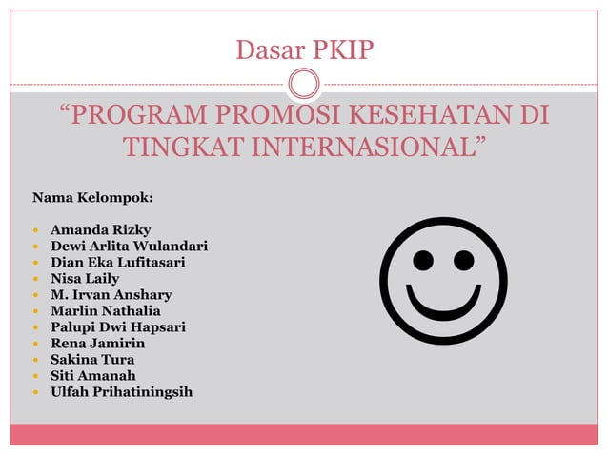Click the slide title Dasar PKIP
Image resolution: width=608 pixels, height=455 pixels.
(304, 47)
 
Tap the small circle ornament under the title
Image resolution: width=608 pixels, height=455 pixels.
(304, 84)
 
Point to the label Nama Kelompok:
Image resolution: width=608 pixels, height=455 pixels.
(93, 199)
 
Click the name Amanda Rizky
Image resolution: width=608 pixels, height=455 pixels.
(93, 230)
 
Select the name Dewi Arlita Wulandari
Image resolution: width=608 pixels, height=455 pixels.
(129, 247)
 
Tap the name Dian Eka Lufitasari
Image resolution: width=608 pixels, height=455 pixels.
(118, 263)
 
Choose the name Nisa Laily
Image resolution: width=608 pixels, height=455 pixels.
(85, 279)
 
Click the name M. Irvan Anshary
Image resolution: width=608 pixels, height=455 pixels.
(111, 295)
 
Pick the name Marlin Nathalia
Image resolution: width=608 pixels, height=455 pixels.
(106, 311)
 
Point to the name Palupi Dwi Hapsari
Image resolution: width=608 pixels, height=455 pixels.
(118, 327)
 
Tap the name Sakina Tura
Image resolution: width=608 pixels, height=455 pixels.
(92, 360)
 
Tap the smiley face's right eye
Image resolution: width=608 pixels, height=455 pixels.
(464, 259)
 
